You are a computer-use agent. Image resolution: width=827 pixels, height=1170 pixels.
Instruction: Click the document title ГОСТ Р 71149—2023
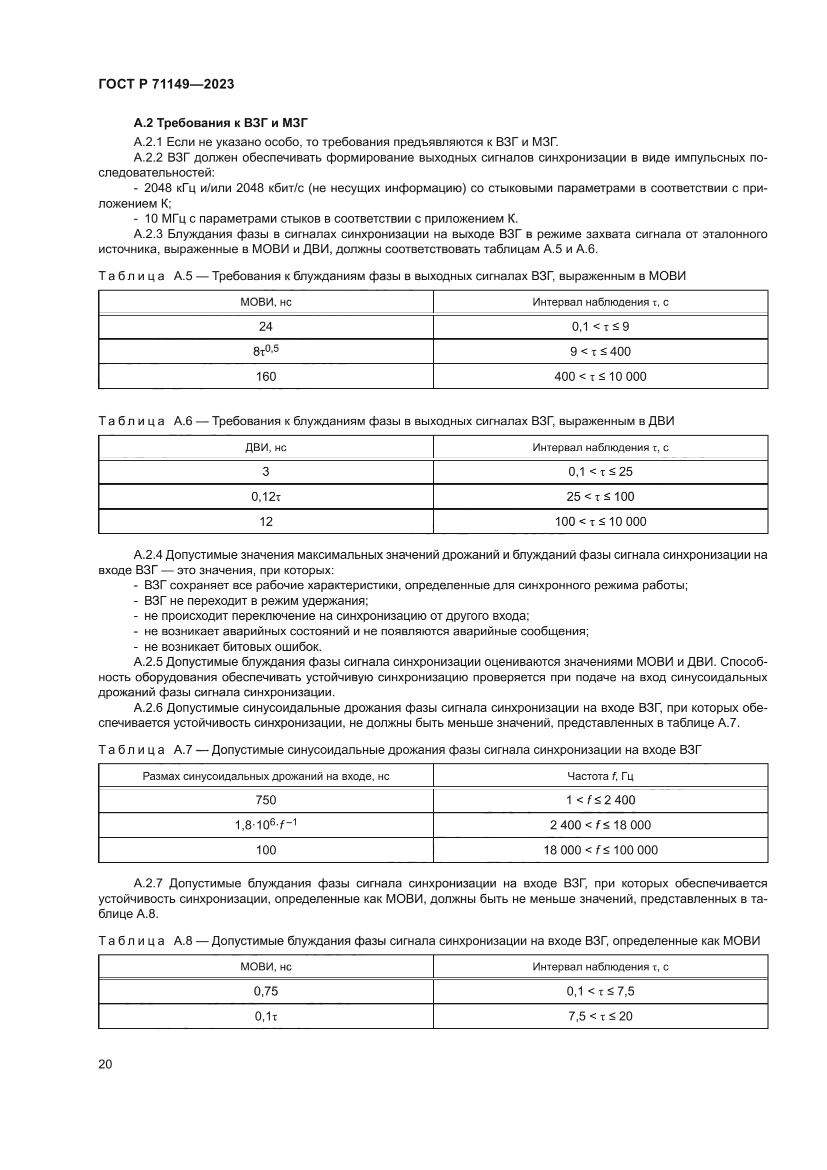(x=166, y=85)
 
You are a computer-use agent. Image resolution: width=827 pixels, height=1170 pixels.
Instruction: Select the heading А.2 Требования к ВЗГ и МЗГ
(x=220, y=124)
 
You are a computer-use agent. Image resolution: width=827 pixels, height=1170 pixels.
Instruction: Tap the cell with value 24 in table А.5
(x=265, y=327)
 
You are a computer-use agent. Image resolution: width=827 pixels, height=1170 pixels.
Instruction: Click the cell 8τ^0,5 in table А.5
(x=265, y=351)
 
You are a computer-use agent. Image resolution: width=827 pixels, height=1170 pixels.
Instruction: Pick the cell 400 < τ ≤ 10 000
(x=600, y=377)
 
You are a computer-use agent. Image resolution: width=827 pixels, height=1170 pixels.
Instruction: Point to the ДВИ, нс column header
(x=265, y=447)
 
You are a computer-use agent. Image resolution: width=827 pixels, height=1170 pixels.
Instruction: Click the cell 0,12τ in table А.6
(x=265, y=496)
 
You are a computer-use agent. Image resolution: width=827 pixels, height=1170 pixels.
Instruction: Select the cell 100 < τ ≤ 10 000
(x=600, y=521)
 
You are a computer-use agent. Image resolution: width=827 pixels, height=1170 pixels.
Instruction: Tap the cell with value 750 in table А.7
(x=265, y=800)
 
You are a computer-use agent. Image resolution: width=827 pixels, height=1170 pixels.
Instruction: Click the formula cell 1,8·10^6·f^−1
(x=265, y=824)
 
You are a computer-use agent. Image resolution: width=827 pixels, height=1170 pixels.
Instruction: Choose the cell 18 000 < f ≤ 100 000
(x=600, y=850)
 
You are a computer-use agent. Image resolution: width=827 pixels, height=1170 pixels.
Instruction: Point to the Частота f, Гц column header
(x=600, y=776)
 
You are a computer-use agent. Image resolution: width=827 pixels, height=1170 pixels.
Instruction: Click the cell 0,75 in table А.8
(x=265, y=991)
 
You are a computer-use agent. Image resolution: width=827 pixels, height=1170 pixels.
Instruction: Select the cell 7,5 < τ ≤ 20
(x=600, y=1016)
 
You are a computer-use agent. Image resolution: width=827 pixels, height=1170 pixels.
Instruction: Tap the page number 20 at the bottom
(x=105, y=1064)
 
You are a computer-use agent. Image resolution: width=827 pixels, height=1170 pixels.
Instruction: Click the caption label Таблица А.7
(x=145, y=750)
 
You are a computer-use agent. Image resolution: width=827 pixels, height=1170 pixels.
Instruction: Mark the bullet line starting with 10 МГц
(x=326, y=219)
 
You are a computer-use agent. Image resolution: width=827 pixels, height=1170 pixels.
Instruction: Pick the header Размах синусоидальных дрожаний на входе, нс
(x=265, y=776)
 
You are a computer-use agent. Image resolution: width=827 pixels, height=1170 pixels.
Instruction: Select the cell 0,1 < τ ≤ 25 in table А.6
(x=600, y=471)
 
